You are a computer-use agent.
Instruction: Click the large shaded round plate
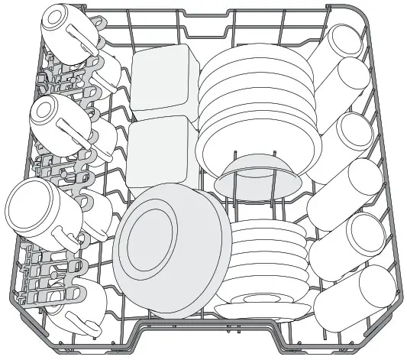point(172,252)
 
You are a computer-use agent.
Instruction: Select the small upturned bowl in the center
point(256,174)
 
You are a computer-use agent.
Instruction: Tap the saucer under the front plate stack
point(263,309)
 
